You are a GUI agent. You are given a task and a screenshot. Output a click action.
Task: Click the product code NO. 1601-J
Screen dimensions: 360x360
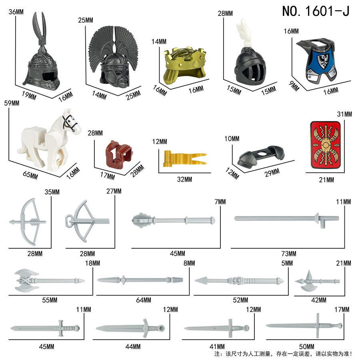[x=316, y=11]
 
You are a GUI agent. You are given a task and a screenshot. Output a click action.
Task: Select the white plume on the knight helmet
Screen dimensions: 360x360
[x=244, y=33]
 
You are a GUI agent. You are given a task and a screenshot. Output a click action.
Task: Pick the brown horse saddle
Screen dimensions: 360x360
[x=118, y=154]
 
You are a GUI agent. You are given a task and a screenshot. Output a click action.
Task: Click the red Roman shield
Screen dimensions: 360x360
[x=326, y=145]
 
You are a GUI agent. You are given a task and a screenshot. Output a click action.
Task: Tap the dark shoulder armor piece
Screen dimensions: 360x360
[x=260, y=156]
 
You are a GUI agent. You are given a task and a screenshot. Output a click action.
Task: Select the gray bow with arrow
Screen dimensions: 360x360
[x=28, y=222]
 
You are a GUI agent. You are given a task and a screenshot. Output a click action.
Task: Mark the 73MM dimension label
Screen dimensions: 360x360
[x=288, y=254]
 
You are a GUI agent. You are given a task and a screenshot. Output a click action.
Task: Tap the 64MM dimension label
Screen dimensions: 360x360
[x=144, y=300]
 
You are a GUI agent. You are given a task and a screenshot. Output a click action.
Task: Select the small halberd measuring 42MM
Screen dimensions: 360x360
[x=317, y=281]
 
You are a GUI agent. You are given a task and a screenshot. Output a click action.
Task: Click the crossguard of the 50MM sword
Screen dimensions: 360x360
[x=318, y=326]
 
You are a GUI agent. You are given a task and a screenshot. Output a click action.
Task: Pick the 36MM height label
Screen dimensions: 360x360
[x=16, y=12]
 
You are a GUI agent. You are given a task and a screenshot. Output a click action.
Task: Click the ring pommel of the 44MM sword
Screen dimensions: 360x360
[x=162, y=328]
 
